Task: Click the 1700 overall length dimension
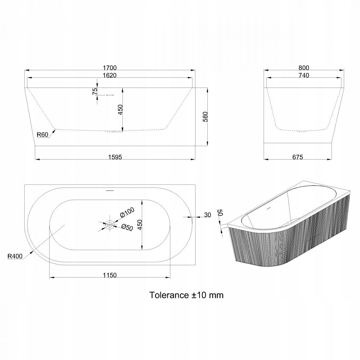[x=110, y=67]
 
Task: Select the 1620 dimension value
[x=110, y=75]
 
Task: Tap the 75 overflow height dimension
[x=95, y=91]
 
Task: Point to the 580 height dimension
[x=205, y=117]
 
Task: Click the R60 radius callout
[x=42, y=134]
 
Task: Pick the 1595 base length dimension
[x=115, y=157]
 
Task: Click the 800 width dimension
[x=304, y=67]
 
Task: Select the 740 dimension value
[x=304, y=75]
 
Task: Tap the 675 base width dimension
[x=298, y=157]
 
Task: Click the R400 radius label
[x=15, y=256]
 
